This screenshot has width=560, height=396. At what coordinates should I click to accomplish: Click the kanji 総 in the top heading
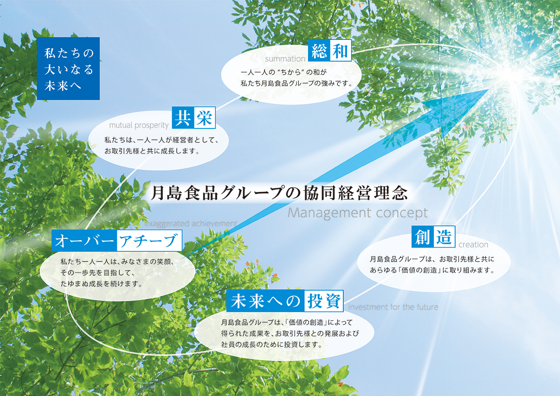[319, 51]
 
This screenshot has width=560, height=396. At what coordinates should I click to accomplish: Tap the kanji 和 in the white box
[340, 51]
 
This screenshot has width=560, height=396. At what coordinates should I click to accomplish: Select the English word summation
[285, 59]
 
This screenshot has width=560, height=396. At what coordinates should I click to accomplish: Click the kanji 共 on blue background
[183, 118]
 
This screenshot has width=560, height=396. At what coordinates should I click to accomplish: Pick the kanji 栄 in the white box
[204, 118]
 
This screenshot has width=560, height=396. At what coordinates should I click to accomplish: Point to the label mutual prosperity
[139, 125]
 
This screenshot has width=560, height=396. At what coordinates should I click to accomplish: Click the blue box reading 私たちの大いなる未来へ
[68, 69]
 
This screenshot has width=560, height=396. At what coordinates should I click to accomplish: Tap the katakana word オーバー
[84, 241]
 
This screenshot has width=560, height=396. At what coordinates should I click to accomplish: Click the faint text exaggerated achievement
[191, 223]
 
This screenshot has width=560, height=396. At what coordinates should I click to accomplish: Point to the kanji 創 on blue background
[422, 237]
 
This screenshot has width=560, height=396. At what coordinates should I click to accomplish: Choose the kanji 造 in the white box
[444, 237]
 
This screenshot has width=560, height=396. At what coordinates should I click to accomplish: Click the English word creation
[473, 244]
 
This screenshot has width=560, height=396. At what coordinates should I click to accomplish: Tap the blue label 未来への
[265, 301]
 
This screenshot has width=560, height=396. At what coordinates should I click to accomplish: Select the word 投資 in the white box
[324, 301]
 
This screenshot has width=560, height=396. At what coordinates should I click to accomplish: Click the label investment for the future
[393, 307]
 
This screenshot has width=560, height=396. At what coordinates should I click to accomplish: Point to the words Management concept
[358, 213]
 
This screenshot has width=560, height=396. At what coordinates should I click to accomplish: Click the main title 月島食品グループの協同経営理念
[279, 192]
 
